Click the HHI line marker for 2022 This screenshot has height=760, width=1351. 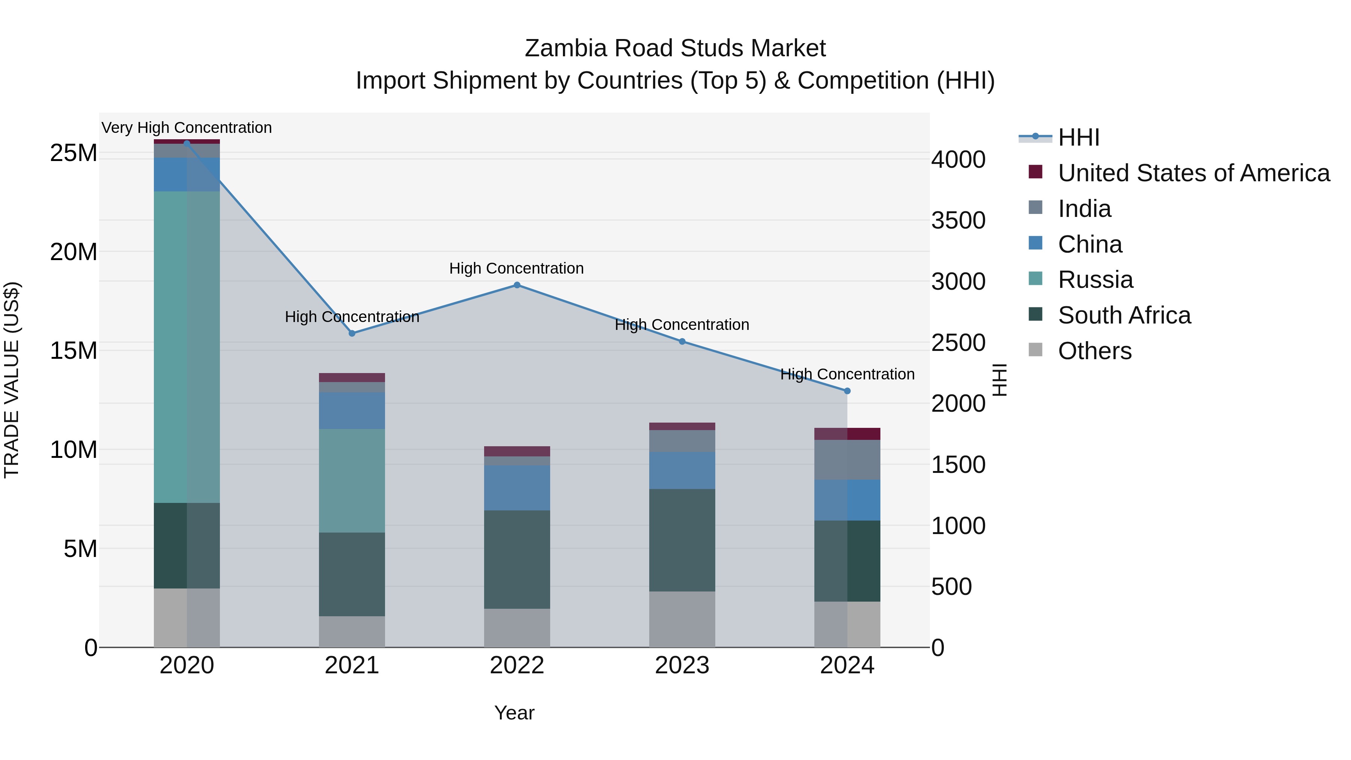(517, 285)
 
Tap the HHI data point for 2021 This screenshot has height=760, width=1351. (352, 333)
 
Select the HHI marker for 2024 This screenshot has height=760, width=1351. (847, 391)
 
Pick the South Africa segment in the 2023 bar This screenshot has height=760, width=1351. (682, 540)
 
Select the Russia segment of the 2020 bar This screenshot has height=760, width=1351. (187, 347)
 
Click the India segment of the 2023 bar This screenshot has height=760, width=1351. (682, 441)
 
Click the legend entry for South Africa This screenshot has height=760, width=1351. (1124, 315)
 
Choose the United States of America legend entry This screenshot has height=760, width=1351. (1193, 173)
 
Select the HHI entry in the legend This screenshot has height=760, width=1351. (1078, 137)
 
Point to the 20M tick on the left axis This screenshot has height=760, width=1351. (74, 252)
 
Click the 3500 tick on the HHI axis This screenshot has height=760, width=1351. (958, 220)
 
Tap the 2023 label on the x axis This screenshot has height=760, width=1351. (682, 665)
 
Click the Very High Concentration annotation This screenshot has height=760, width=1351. (187, 128)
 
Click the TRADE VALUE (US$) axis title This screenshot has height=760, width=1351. (12, 380)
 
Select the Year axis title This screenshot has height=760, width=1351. (514, 713)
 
